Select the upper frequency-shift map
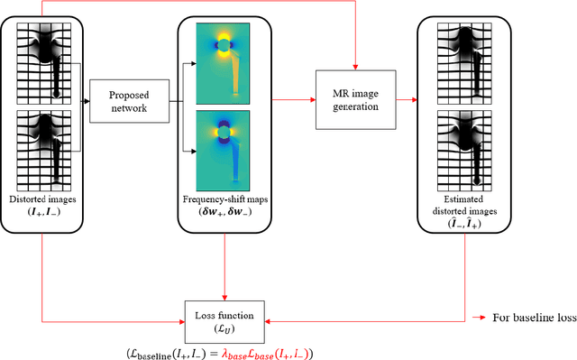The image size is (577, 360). (223, 61)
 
